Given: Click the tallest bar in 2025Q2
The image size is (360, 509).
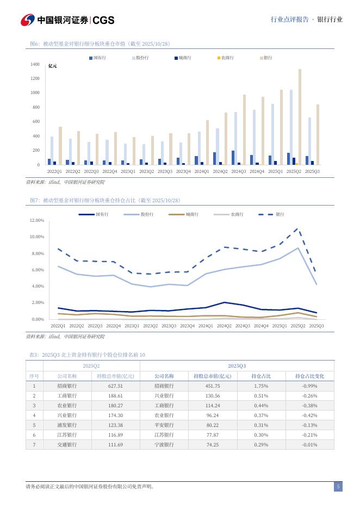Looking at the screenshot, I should [x=300, y=116].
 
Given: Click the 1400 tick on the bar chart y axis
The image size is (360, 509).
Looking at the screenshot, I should [x=35, y=65].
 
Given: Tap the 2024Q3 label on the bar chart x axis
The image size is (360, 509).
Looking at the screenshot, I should [x=238, y=171].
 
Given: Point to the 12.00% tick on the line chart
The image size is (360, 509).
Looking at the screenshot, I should [x=36, y=220].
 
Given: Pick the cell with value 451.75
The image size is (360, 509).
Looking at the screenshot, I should [x=212, y=386].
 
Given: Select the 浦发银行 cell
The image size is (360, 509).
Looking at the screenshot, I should [x=67, y=425].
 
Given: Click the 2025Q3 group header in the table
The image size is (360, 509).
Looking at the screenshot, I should [x=237, y=366].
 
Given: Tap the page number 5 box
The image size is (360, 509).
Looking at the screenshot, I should [x=338, y=487].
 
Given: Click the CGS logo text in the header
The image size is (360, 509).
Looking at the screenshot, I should [x=103, y=20].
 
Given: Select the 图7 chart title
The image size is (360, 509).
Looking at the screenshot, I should [x=104, y=201].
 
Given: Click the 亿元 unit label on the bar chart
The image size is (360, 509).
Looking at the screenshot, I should [x=52, y=66].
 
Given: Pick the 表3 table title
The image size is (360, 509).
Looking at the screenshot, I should [x=87, y=355].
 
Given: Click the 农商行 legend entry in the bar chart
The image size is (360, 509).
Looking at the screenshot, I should [x=227, y=57].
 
